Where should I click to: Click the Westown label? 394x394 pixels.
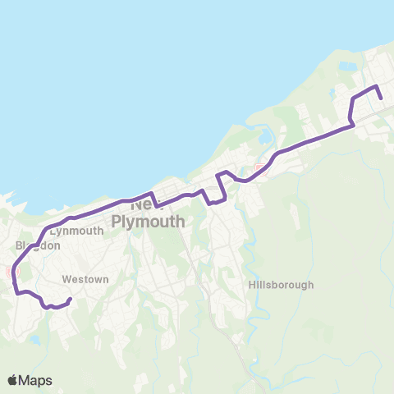(x=85, y=280)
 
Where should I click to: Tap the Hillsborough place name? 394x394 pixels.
(x=281, y=285)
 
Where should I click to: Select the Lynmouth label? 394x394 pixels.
(x=76, y=231)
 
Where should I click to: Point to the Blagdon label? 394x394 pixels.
(x=38, y=245)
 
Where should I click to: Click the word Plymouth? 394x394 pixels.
(x=148, y=222)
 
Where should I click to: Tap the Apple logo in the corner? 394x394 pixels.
(x=13, y=380)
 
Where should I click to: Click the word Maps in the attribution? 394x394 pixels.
(x=35, y=380)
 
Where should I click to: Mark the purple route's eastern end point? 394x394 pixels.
(x=382, y=98)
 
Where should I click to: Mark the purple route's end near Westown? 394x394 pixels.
(x=71, y=299)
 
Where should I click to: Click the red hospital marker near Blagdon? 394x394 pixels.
(x=11, y=272)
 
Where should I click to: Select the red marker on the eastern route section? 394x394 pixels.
(x=260, y=170)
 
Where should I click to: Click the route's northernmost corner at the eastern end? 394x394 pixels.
(x=376, y=85)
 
